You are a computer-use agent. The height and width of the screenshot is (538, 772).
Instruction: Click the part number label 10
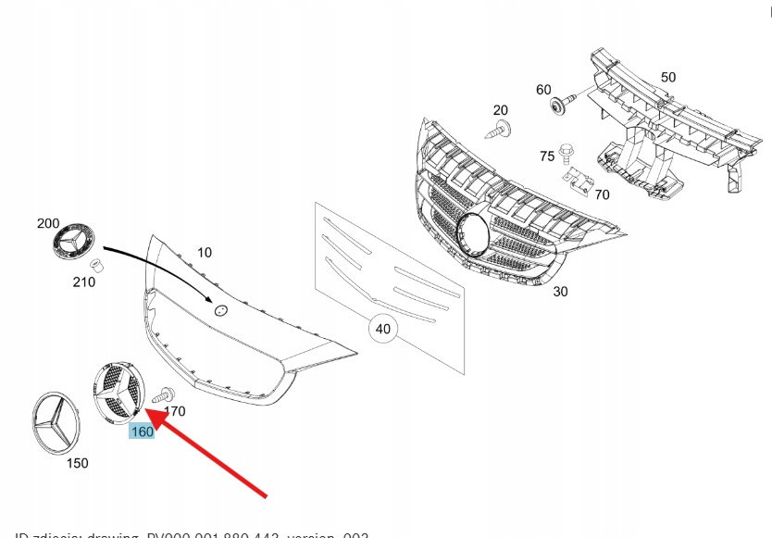point(205,252)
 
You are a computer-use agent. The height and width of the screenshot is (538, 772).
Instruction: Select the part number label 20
point(500,110)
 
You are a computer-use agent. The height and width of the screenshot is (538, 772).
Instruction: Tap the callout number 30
point(560,291)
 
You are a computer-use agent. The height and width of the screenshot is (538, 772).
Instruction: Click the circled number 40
point(381,329)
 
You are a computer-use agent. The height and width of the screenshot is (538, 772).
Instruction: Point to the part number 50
point(667,78)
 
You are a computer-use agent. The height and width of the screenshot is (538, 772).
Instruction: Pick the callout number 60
point(543,90)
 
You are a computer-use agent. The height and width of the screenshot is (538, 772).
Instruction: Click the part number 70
point(602,194)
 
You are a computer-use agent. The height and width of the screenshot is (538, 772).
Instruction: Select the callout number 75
point(547,156)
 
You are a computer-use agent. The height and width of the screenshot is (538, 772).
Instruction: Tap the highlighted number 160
point(143,432)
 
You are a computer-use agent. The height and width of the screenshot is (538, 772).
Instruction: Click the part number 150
point(78,462)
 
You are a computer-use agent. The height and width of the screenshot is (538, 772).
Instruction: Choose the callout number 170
point(174,410)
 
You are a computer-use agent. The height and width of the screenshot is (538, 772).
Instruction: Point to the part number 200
point(47,223)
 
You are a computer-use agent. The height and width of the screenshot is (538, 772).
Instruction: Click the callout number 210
point(83,282)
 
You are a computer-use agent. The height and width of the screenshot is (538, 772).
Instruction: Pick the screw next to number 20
point(501,131)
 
